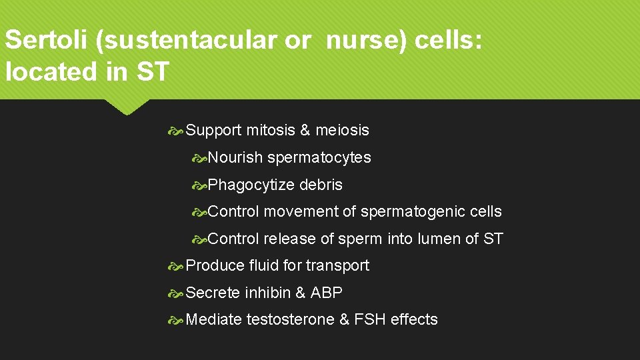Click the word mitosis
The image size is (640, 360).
(x=271, y=131)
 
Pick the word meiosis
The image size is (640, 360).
(x=342, y=131)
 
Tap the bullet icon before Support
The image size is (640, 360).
(x=177, y=131)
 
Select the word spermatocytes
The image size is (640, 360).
(x=319, y=158)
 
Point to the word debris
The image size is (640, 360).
(x=321, y=185)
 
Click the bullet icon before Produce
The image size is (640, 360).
(x=177, y=266)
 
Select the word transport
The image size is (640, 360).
(x=337, y=266)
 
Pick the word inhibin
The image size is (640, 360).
(x=267, y=293)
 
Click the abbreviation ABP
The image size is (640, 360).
(x=327, y=293)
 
